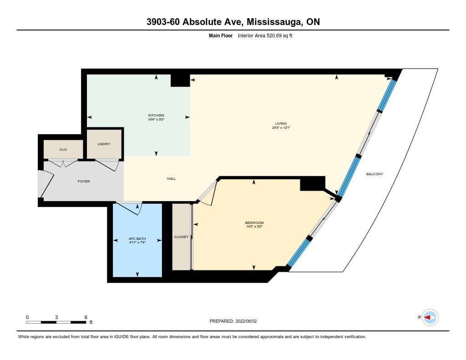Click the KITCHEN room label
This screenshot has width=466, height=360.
click(156, 115)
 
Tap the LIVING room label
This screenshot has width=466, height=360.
click(281, 123)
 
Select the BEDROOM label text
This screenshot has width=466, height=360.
click(254, 223)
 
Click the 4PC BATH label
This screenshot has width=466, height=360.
click(137, 239)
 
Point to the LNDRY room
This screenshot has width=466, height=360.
click(104, 144)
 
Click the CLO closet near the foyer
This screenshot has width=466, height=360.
click(63, 149)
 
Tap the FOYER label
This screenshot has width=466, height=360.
click(84, 181)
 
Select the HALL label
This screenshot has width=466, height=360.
click(171, 179)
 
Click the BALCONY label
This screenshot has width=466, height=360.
click(375, 174)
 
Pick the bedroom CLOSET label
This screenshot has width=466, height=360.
click(181, 237)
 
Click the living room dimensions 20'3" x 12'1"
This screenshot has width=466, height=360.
click(281, 127)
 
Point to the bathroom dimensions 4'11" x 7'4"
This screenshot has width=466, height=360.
click(137, 243)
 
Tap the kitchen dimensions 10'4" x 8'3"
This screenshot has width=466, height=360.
click(156, 120)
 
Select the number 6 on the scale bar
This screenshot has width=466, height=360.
click(86, 317)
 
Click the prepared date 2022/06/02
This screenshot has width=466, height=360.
click(246, 321)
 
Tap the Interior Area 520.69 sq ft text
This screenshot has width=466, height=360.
click(265, 35)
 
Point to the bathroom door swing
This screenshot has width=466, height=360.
click(128, 208)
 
